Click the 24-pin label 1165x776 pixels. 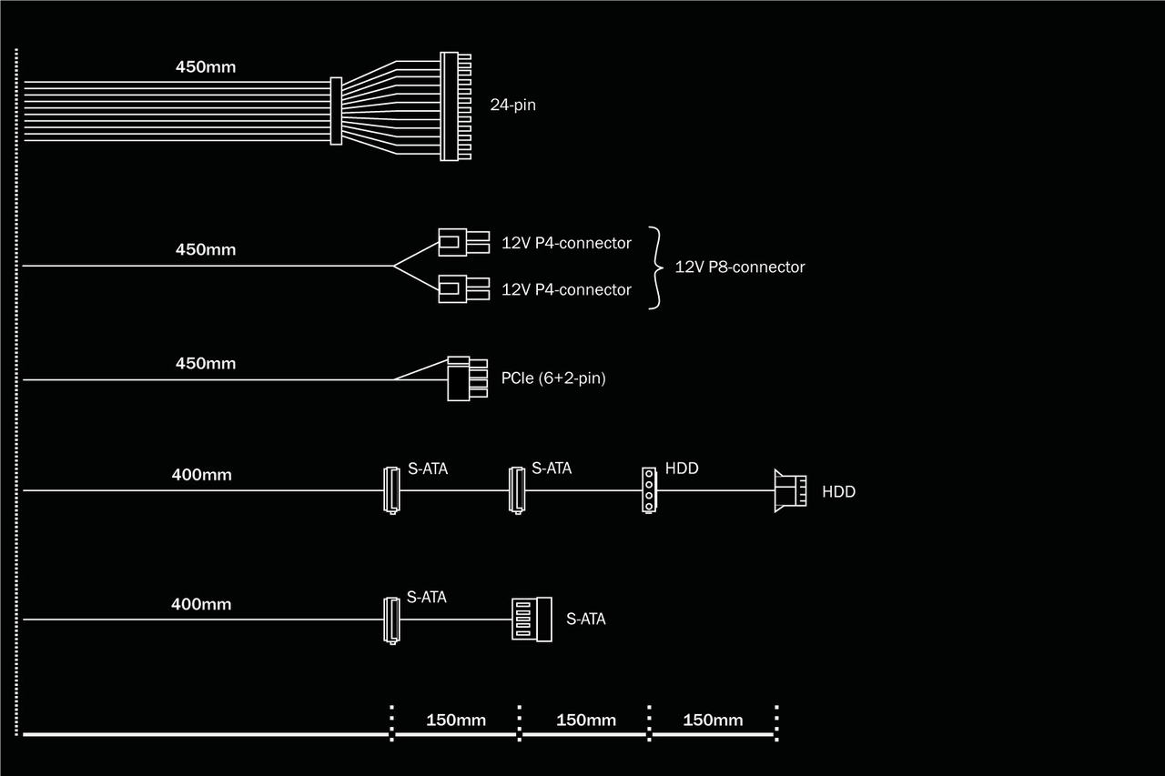point(512,105)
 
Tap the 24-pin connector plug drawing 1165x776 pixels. point(455,106)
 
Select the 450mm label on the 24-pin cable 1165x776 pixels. point(206,66)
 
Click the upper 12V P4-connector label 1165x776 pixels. point(566,243)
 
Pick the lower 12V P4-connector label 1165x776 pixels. point(566,289)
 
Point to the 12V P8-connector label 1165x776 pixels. point(739,267)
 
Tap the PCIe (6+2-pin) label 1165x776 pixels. point(552,378)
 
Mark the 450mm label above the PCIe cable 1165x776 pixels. point(206,363)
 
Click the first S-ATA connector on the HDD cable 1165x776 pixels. point(390,489)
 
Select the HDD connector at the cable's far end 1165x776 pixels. point(789,490)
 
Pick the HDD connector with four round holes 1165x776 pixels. point(648,489)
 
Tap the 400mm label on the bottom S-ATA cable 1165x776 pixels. point(201,603)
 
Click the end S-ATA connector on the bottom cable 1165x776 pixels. point(532,619)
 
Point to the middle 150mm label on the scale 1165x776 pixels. point(585,721)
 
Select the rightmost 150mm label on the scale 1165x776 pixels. point(713,721)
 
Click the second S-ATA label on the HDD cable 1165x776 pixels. point(552,469)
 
